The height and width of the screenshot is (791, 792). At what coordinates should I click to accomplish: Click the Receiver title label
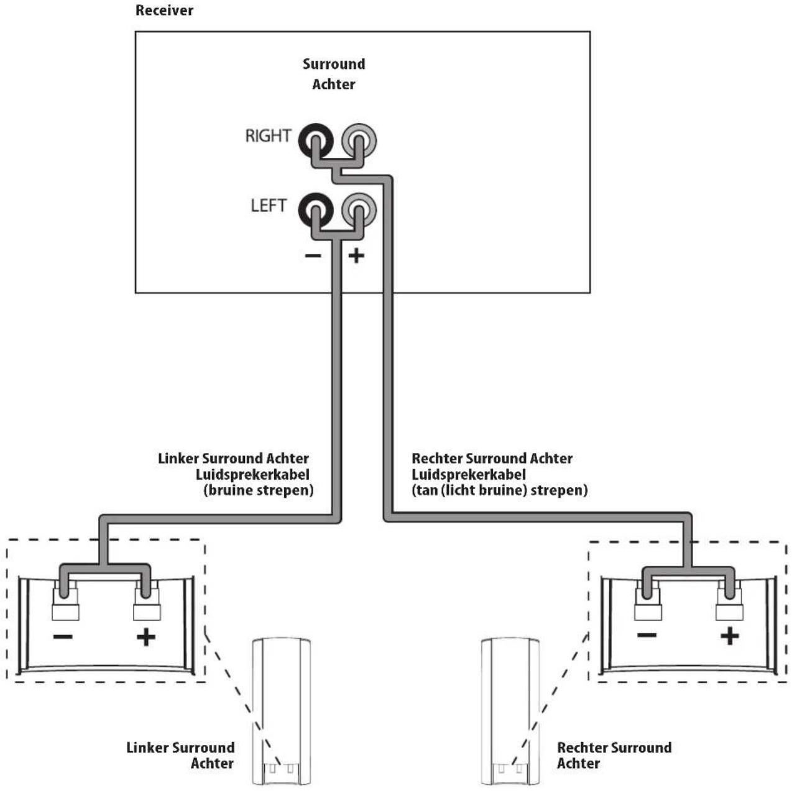coord(164,11)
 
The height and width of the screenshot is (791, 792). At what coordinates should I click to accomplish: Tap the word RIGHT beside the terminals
coord(268,136)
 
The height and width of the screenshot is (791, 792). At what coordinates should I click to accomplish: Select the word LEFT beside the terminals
coord(269,206)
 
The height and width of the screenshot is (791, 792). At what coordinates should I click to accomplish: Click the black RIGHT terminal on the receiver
coord(316,140)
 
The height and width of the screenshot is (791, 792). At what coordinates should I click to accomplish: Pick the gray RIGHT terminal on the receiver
coord(359,140)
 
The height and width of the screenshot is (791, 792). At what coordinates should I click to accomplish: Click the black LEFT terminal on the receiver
coord(316,209)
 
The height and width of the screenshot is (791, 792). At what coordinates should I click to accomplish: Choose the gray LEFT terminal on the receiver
coord(359,209)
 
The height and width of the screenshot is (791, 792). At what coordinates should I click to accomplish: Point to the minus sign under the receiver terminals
coord(313,256)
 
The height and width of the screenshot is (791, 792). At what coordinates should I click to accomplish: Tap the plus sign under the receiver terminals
coord(356,256)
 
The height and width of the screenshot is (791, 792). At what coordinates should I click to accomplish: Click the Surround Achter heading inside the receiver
coord(334,74)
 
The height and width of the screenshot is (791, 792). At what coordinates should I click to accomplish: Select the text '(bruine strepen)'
coord(259,491)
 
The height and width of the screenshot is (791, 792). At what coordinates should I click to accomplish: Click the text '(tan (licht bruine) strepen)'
coord(500,491)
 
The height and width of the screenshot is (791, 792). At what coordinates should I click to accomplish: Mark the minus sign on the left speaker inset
coord(63,637)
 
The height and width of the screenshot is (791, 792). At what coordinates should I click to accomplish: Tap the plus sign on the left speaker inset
coord(146,638)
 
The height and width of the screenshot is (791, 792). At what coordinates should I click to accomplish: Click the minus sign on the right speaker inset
coord(647,635)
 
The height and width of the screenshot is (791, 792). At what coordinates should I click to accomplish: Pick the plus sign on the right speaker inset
coord(730,636)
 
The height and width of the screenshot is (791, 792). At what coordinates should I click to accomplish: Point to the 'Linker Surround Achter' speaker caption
coord(181,755)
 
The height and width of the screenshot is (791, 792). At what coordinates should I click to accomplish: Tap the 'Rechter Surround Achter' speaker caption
coord(614,755)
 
